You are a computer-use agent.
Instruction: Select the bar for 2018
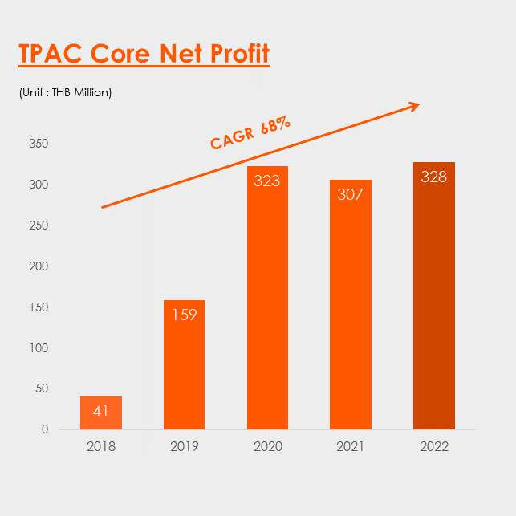[x=101, y=412]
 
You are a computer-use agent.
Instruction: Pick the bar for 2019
[x=184, y=364]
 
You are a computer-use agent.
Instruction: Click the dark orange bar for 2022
[x=434, y=295]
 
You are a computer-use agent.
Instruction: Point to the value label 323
[x=267, y=181]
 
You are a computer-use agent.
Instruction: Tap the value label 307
[x=350, y=194]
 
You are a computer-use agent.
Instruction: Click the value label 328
[x=433, y=177]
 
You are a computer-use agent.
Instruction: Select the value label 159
[x=185, y=315]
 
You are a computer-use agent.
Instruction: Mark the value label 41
[x=100, y=411]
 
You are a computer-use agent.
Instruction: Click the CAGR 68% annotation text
[x=250, y=132]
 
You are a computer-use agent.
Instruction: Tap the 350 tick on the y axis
[x=39, y=144]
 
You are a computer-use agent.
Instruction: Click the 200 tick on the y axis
[x=39, y=266]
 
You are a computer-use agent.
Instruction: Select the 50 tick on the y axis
[x=42, y=388]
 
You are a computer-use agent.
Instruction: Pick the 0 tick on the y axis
[x=45, y=429]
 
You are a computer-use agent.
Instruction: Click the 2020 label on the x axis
[x=268, y=446]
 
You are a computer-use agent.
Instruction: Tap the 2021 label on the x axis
[x=350, y=446]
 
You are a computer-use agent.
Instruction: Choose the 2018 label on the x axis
[x=101, y=446]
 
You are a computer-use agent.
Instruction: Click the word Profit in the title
[x=240, y=53]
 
